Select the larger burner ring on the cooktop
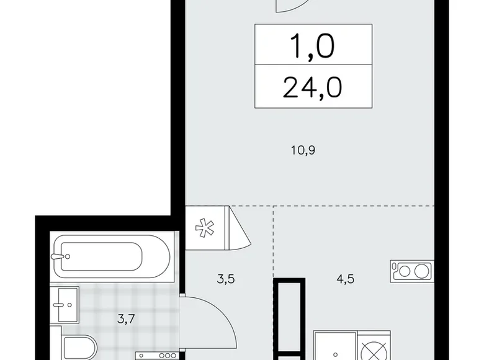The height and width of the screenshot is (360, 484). [422, 271]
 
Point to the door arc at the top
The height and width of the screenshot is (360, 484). [295, 6]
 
